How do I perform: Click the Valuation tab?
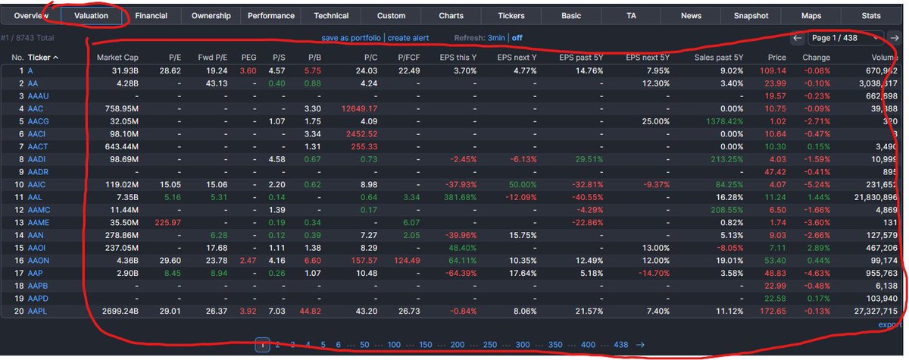[x=92, y=15]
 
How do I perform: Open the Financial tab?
[x=151, y=15]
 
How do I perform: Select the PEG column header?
[x=248, y=58]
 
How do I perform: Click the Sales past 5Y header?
[x=719, y=58]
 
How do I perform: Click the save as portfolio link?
[x=351, y=37]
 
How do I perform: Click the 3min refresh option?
[x=496, y=37]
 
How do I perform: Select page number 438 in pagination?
[x=620, y=345]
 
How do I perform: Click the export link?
[x=889, y=325]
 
